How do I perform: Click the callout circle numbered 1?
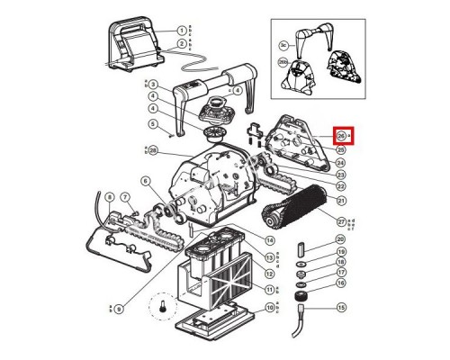click(181, 31)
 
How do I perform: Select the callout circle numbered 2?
click(181, 43)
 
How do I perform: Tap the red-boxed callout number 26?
click(341, 136)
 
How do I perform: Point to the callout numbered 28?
click(154, 149)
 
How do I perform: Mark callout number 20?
click(341, 238)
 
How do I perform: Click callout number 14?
click(269, 240)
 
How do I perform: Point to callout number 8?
click(109, 197)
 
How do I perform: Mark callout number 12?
click(269, 272)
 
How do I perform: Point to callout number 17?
click(341, 272)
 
